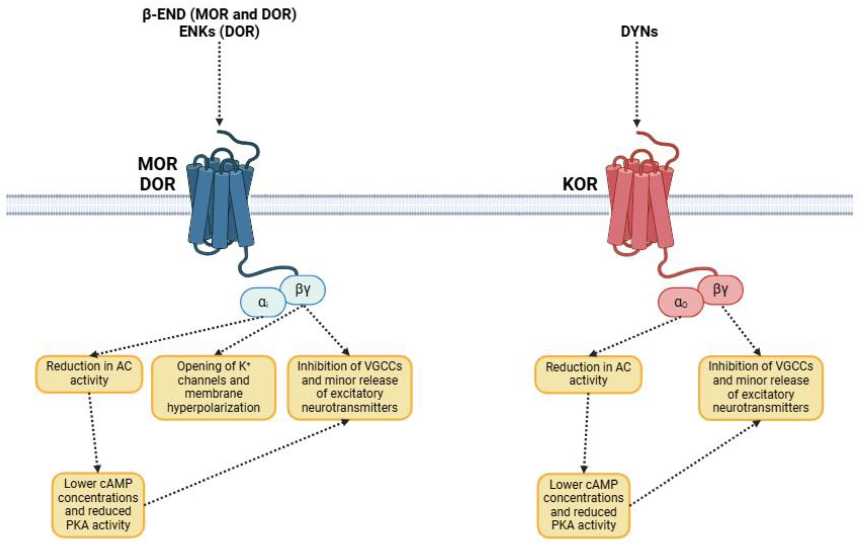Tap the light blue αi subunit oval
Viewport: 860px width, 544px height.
tap(263, 302)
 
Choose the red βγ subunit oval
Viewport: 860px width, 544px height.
tap(720, 289)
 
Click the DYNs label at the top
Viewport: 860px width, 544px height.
tap(639, 31)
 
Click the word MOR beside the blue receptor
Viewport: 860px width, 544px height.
tap(157, 164)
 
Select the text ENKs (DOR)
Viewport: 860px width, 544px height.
tap(219, 31)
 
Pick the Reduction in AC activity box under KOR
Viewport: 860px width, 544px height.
tap(588, 374)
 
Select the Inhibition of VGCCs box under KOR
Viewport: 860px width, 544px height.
tap(761, 387)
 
